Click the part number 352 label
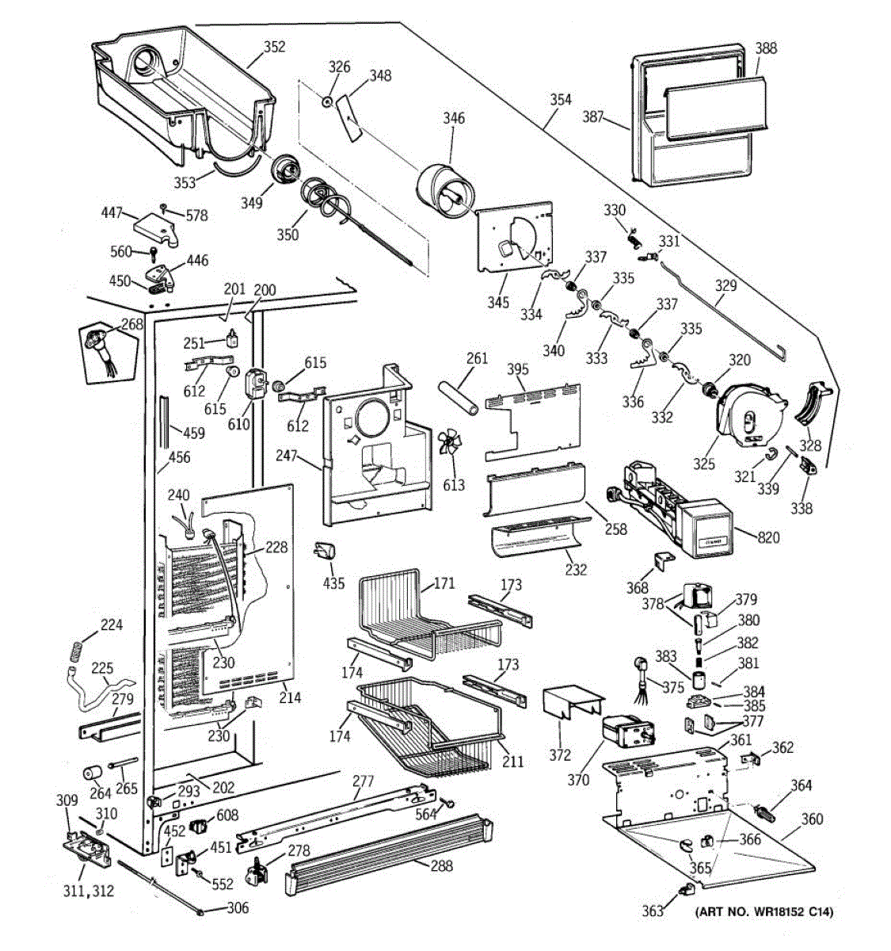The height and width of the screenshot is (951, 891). [274, 47]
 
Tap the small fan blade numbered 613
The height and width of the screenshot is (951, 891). [451, 445]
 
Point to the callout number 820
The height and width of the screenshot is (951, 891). [768, 537]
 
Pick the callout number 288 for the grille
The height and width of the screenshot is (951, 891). [441, 865]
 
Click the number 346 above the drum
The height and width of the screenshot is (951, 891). [453, 118]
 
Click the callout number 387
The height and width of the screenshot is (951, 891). [592, 116]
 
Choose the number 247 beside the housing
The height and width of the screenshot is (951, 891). [286, 455]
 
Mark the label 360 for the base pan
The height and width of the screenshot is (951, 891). [812, 819]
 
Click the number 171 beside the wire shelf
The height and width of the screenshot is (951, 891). [444, 583]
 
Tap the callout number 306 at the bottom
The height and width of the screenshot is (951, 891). [238, 907]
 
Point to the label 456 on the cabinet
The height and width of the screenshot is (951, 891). [179, 456]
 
